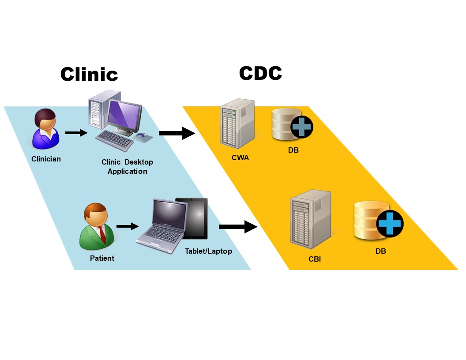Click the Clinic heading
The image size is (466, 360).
click(x=89, y=74)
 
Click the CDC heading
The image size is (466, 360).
click(x=260, y=73)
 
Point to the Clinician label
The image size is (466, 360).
click(x=46, y=159)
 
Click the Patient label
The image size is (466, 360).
click(x=102, y=258)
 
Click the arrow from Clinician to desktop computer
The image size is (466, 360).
click(x=76, y=132)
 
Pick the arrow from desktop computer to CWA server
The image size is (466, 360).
click(x=177, y=133)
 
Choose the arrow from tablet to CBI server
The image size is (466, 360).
click(x=238, y=227)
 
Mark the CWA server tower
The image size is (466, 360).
click(x=237, y=124)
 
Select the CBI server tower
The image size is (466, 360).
click(x=310, y=219)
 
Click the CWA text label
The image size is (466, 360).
click(x=240, y=157)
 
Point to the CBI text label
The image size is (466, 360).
click(x=315, y=259)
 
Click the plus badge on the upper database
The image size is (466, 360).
click(x=302, y=127)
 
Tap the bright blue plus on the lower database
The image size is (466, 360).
click(x=390, y=223)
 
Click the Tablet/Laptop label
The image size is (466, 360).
click(x=208, y=251)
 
